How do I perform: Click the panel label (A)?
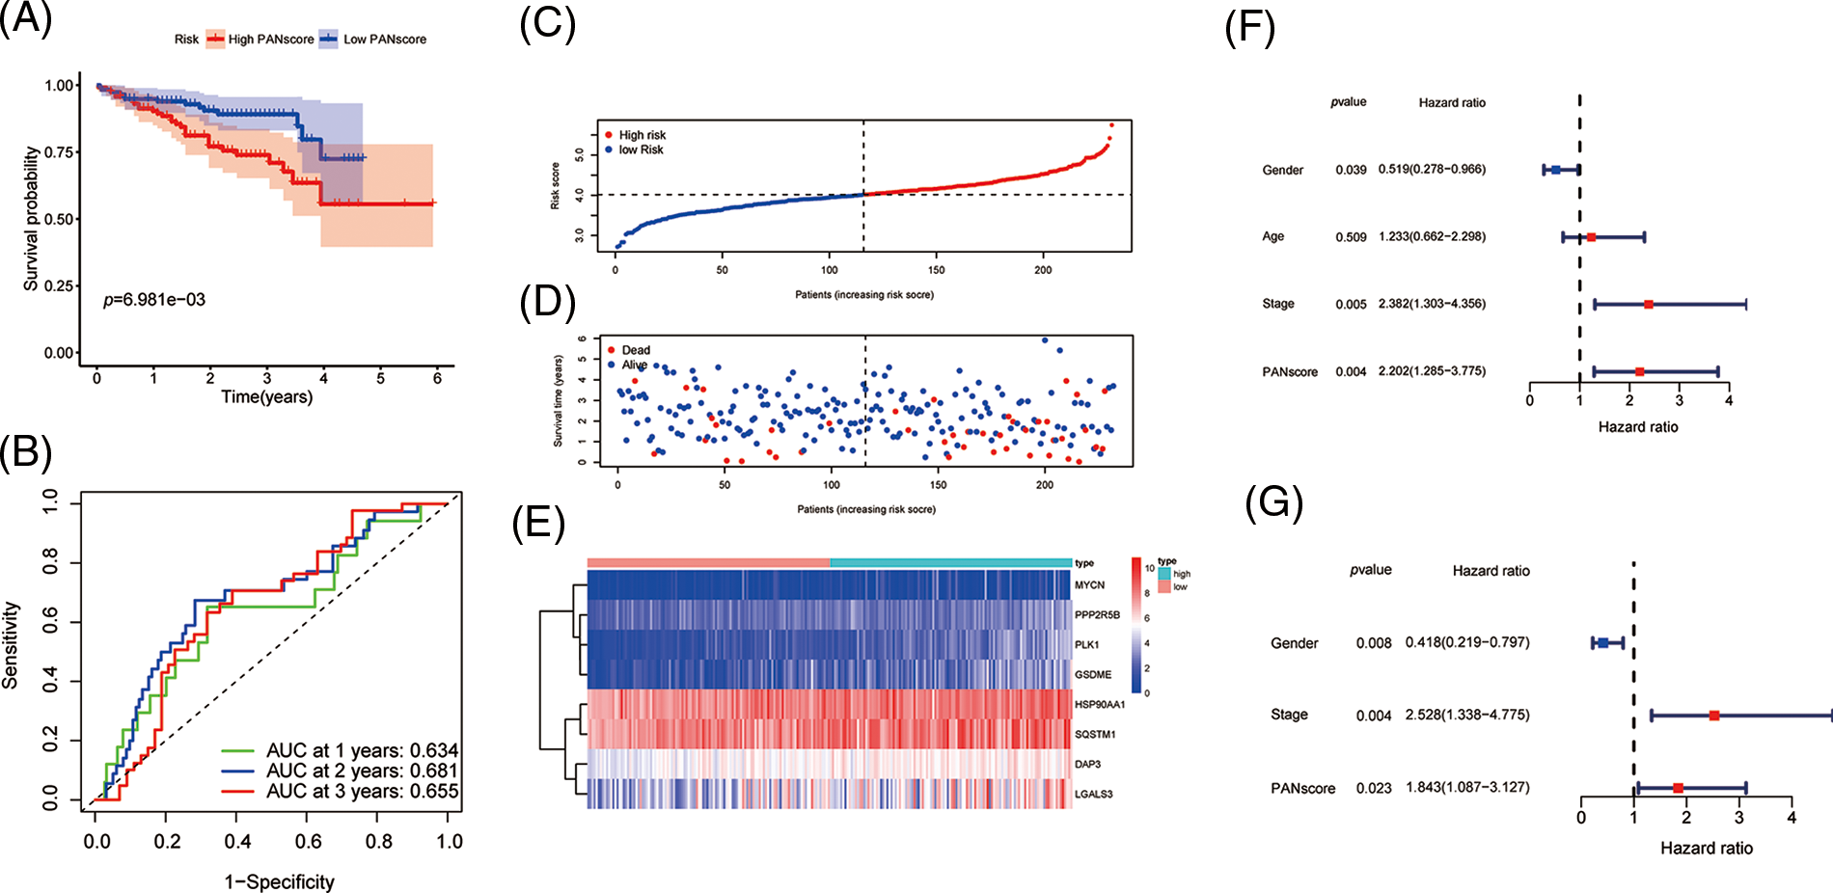26,18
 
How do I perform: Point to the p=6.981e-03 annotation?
154,300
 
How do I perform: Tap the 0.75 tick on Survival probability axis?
60,152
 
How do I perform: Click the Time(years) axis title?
267,397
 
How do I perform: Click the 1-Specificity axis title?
280,881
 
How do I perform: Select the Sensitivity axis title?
12,645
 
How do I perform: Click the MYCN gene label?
1089,585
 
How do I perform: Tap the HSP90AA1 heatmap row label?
1100,705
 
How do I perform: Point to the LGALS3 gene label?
1094,795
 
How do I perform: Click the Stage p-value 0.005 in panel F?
1351,305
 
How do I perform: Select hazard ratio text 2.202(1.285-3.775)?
1432,371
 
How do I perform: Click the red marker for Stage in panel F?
1648,305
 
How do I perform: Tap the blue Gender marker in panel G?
1602,643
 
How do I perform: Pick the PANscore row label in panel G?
1302,789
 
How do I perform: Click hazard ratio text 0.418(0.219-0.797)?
1467,642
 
